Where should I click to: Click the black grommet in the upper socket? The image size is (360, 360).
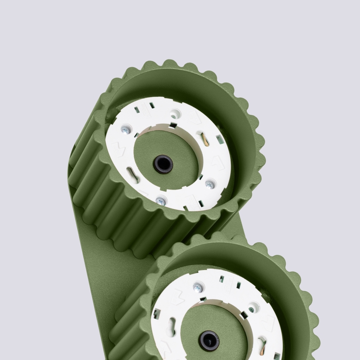[x=163, y=164]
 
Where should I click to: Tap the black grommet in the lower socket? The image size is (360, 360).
[x=209, y=341]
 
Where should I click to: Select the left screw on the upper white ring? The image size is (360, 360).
[x=124, y=130]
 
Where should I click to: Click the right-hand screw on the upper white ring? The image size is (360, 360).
[x=210, y=184]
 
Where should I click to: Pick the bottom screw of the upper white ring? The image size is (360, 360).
[x=161, y=201]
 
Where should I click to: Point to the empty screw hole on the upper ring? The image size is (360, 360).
[x=175, y=113]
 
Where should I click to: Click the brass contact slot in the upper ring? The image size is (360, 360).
[x=204, y=139]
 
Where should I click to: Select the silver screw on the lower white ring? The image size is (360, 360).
[x=198, y=287]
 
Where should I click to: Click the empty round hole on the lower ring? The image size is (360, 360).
[x=252, y=309]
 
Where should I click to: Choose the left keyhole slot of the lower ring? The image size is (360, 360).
[x=171, y=326]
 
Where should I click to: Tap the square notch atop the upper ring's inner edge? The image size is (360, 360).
[x=173, y=125]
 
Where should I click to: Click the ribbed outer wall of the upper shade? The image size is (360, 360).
[x=108, y=199]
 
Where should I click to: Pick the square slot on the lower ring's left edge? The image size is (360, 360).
[x=157, y=314]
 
